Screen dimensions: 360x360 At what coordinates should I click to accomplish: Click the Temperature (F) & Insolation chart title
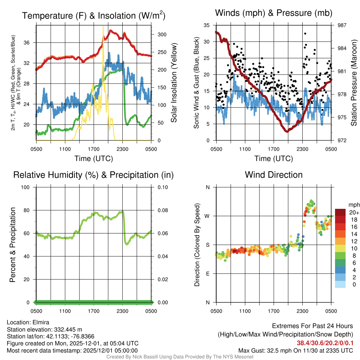tap(94, 15)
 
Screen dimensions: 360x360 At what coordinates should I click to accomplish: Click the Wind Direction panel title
tap(274, 175)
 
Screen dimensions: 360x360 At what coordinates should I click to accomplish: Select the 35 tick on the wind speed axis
tap(207, 25)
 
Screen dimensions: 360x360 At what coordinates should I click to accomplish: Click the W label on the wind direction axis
tap(207, 216)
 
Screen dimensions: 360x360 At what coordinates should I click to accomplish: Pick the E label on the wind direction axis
tap(208, 274)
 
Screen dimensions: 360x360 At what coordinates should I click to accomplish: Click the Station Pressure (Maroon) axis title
tap(354, 83)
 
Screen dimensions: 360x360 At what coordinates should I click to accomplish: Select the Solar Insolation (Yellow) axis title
tap(174, 83)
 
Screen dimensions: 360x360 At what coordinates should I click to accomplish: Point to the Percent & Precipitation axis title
tap(12, 245)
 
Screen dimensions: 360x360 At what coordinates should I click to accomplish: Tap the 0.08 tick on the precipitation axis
tap(162, 210)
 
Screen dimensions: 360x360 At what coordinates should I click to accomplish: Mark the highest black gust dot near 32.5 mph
tap(305, 33)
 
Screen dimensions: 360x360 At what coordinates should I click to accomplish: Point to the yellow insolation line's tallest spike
tap(103, 27)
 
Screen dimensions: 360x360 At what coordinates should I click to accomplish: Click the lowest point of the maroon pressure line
tap(287, 131)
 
